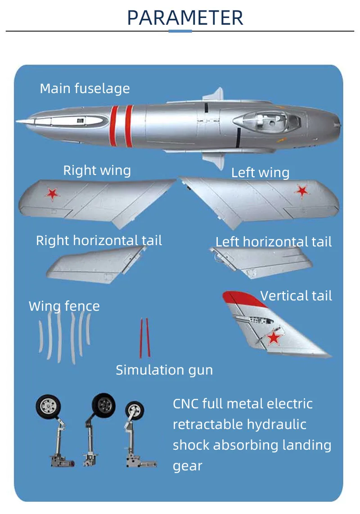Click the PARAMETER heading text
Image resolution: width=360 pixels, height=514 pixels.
pos(185,17)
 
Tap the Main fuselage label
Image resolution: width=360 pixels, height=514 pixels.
pos(85,88)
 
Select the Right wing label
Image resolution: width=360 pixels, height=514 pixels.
pos(97,170)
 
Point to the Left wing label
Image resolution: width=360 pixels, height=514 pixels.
pos(260,173)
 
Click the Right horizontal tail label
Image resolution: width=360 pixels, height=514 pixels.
pos(99,241)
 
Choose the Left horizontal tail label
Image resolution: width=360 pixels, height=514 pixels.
pos(274,242)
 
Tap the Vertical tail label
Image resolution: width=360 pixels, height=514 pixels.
pos(296,296)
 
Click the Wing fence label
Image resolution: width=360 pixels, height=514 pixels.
pos(64,306)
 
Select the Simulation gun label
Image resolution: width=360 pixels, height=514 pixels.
pos(164,370)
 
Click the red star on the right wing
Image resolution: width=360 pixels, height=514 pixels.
pos(53,193)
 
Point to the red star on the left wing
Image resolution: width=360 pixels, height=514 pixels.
pos(302,191)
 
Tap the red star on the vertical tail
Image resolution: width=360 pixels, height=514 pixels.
pos(274,338)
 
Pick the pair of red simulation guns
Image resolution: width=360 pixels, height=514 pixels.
pos(144,338)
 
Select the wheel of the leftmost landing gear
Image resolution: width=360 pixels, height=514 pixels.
pos(47,407)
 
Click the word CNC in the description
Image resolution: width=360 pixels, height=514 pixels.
pos(185,403)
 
